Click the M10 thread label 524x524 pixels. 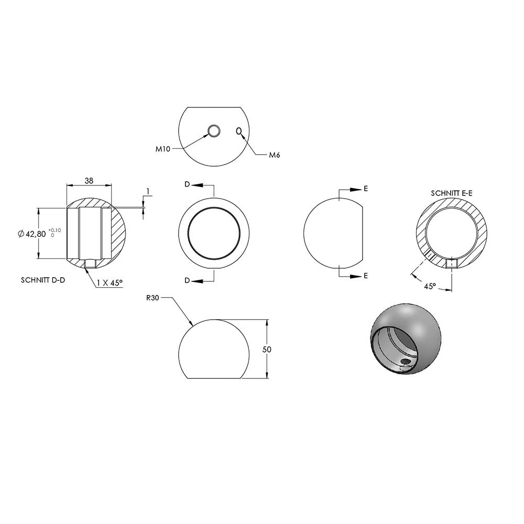coord(163,149)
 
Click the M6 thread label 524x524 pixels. coord(275,155)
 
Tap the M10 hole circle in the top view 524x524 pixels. coord(214,131)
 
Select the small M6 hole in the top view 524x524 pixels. coord(238,131)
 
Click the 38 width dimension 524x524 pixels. coord(89,181)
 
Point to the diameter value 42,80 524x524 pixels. coord(36,234)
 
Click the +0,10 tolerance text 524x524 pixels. coord(55,230)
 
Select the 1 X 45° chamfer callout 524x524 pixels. coord(110,283)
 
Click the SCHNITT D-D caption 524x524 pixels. coord(43,280)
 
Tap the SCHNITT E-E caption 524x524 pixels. coord(452,193)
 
